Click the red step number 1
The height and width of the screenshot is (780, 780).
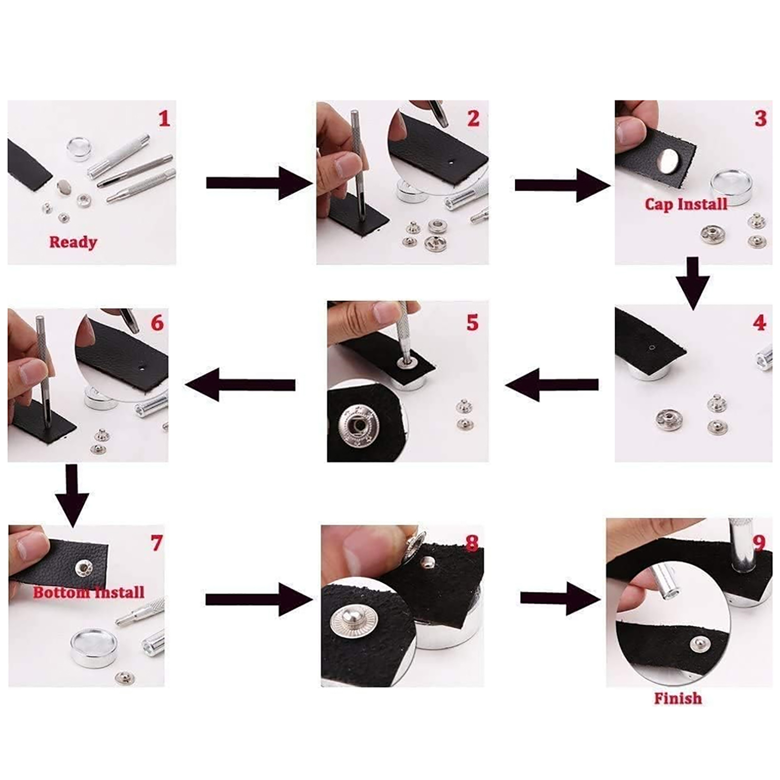164,118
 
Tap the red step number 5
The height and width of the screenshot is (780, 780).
472,322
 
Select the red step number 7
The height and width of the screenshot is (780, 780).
156,543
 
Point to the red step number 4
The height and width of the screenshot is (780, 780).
760,322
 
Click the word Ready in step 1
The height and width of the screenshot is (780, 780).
73,242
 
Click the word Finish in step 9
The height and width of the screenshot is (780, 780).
678,698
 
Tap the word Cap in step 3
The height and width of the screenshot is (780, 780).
659,204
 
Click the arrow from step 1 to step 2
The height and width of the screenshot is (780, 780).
259,183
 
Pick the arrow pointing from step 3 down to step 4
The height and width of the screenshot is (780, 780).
693,283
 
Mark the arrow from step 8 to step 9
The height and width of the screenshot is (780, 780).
560,598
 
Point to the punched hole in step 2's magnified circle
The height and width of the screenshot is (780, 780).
451,160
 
